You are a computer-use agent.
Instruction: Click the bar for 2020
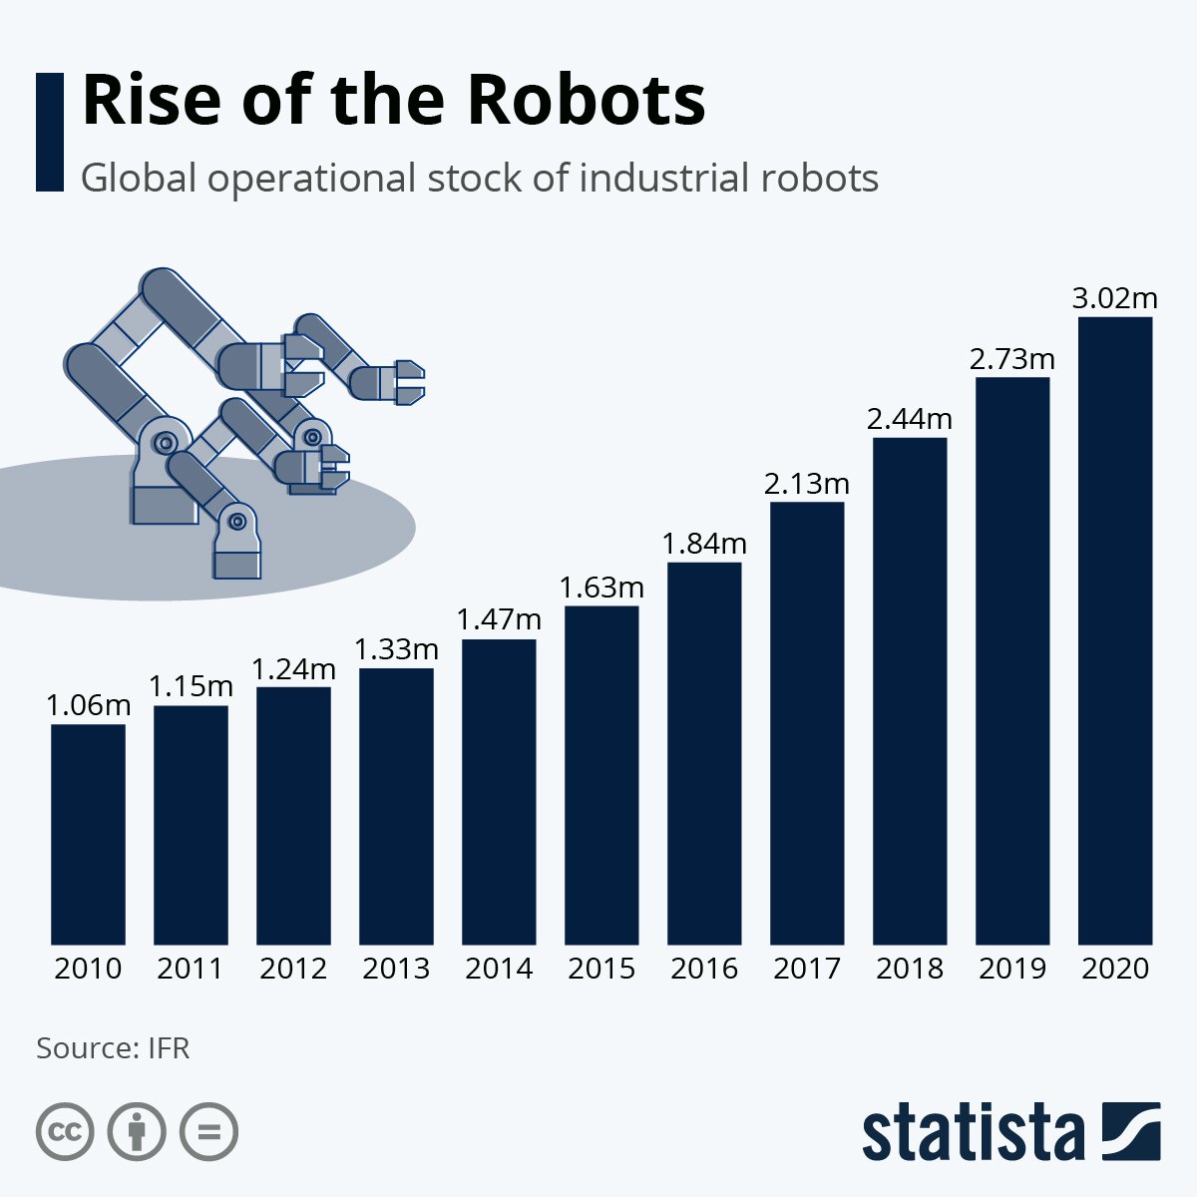coord(1115,630)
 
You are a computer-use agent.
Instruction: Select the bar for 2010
coord(88,834)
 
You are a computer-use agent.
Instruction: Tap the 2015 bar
coord(601,775)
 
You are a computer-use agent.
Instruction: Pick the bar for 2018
coord(910,690)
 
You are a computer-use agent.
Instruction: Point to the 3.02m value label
coord(1115,297)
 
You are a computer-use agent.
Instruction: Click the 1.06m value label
coord(88,705)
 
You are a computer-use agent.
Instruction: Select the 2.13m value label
coord(807,484)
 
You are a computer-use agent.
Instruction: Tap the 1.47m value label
coord(499,619)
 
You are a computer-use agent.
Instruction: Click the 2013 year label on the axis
coord(396,969)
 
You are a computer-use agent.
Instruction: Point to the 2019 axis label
coord(1012,969)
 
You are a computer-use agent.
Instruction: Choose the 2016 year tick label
coord(704,969)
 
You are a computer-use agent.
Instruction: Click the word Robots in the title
coord(586,100)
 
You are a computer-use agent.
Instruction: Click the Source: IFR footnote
coord(113,1048)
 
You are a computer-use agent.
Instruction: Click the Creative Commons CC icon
coord(65,1132)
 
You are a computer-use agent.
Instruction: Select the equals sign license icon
coord(208,1132)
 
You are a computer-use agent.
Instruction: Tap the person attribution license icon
coord(137,1132)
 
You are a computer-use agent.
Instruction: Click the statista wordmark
coord(973,1133)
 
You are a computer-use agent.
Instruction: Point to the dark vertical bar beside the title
coord(49,132)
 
